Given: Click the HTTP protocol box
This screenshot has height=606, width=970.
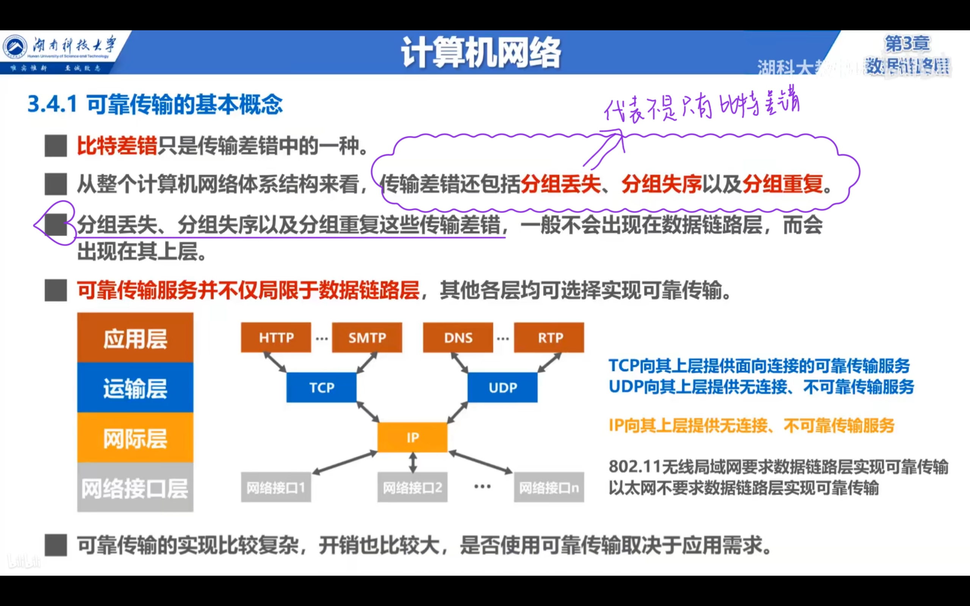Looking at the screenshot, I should (276, 337).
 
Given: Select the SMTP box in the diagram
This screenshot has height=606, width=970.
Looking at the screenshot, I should (367, 337).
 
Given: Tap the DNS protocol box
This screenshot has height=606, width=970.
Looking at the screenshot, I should (458, 337).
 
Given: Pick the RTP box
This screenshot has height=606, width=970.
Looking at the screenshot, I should (549, 337).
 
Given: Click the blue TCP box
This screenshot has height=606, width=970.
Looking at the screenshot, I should (321, 387).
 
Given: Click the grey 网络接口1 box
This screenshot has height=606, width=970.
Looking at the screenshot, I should (276, 487).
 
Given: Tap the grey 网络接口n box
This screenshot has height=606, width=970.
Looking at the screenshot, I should (549, 487).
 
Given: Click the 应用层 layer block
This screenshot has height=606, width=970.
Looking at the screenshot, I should (135, 338).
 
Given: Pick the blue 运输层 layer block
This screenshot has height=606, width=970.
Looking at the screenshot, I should (135, 387).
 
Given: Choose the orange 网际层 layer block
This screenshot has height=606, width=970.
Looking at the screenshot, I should (135, 438).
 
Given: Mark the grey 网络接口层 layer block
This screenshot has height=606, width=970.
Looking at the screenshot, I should (135, 487).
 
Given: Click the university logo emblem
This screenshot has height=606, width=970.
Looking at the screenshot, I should (15, 47).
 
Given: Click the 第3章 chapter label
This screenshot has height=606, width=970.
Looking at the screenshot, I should (907, 43).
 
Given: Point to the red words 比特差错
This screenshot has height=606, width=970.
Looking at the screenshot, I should (117, 145).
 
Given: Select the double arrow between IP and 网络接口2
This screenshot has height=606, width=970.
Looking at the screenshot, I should (413, 462).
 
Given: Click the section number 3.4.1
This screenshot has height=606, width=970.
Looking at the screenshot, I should (52, 104).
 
